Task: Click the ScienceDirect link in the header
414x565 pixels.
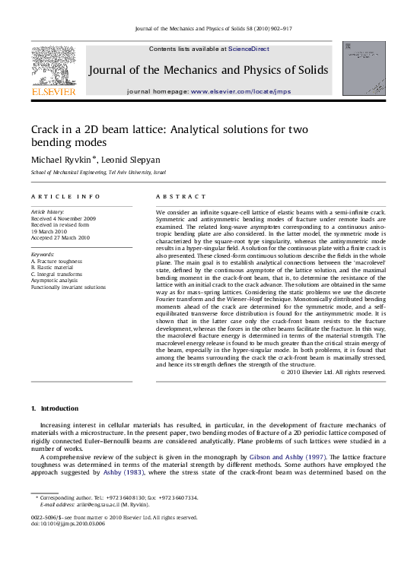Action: click(248, 49)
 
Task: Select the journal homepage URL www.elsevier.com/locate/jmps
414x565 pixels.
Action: click(240, 91)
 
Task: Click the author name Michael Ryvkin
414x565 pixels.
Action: click(62, 160)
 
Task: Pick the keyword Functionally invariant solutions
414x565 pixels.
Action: click(68, 287)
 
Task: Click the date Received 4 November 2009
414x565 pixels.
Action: click(63, 218)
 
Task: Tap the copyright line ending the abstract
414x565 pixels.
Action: click(333, 373)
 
